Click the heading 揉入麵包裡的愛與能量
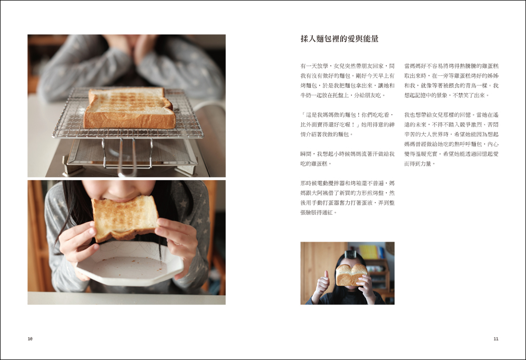[x=339, y=39]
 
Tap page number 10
[x=30, y=339]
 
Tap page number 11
[x=496, y=339]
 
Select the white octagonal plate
[x=130, y=263]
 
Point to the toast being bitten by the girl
[x=125, y=218]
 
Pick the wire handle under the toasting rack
[x=127, y=158]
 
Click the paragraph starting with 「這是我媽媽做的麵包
[x=348, y=124]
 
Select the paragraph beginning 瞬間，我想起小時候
[x=348, y=159]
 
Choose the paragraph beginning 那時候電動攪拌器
[x=348, y=198]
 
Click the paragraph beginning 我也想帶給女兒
[x=451, y=139]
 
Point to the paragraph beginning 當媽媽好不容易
[x=451, y=81]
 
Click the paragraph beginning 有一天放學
[x=348, y=81]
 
